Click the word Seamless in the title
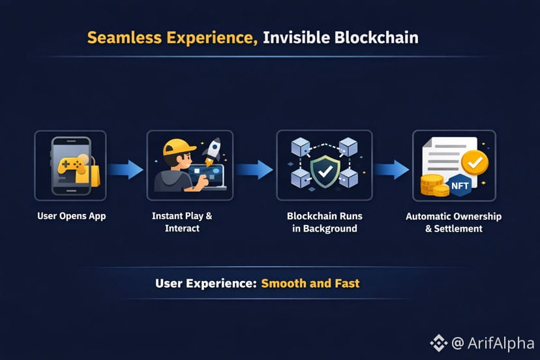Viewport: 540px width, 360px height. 125,38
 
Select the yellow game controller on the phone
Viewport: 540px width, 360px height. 72,166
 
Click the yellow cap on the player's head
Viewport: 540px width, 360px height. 179,147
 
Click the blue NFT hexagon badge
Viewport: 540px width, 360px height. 460,186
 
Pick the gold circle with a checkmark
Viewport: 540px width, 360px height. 475,162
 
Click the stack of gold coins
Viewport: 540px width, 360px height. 434,185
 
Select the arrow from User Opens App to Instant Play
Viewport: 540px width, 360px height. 125,170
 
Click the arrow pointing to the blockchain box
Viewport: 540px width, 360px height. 254,170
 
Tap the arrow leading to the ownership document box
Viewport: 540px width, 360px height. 392,170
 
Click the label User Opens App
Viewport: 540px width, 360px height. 72,217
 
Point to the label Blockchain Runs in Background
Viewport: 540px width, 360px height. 324,222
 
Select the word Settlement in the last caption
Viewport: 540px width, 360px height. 458,229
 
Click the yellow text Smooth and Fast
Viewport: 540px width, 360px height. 310,283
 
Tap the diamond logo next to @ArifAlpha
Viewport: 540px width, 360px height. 438,343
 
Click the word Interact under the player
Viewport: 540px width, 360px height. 182,228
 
